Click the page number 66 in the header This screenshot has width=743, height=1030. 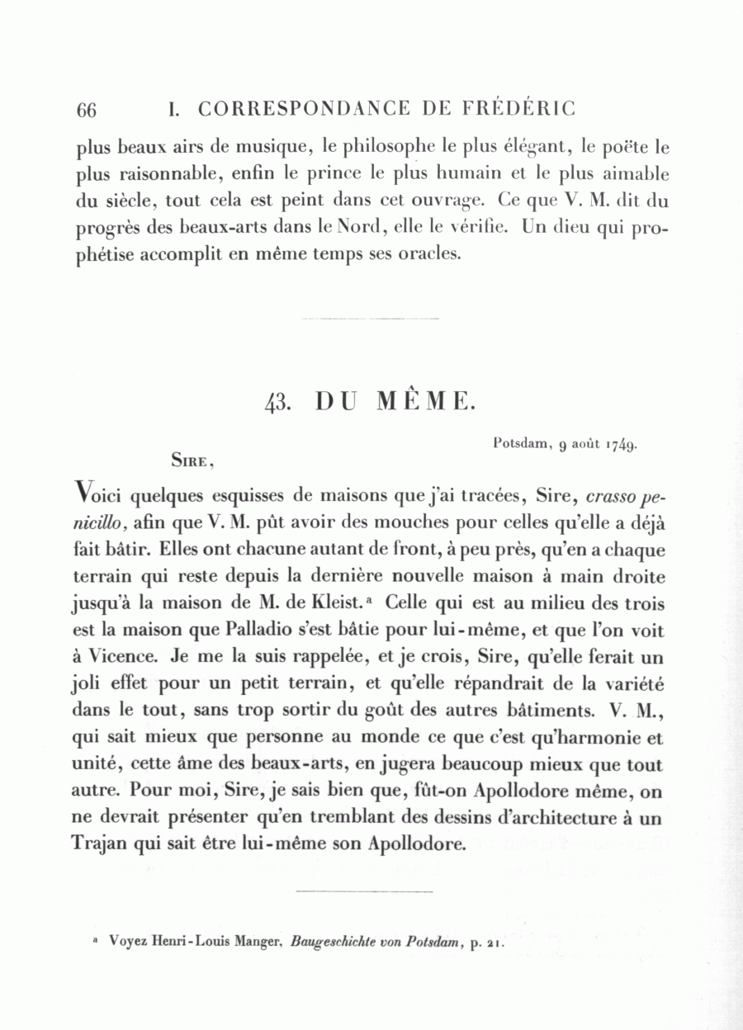click(87, 109)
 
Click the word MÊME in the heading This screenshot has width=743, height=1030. click(424, 402)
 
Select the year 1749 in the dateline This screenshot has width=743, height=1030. click(619, 445)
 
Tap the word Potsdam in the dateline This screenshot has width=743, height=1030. click(521, 443)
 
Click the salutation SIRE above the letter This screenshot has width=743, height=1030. click(192, 461)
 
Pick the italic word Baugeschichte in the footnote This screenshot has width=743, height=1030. click(339, 943)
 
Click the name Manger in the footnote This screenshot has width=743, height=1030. click(255, 943)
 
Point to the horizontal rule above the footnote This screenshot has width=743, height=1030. click(363, 891)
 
